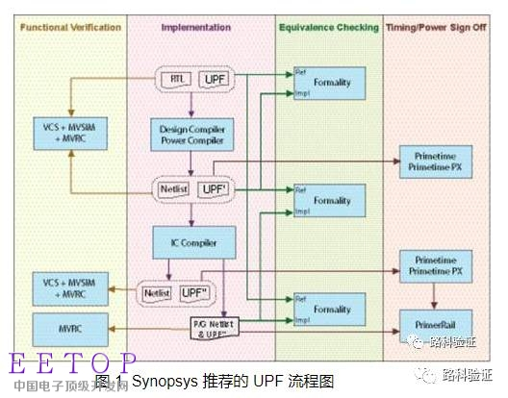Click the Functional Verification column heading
click(68, 29)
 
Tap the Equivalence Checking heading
click(329, 29)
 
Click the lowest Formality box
click(332, 310)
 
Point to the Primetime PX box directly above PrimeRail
click(440, 266)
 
